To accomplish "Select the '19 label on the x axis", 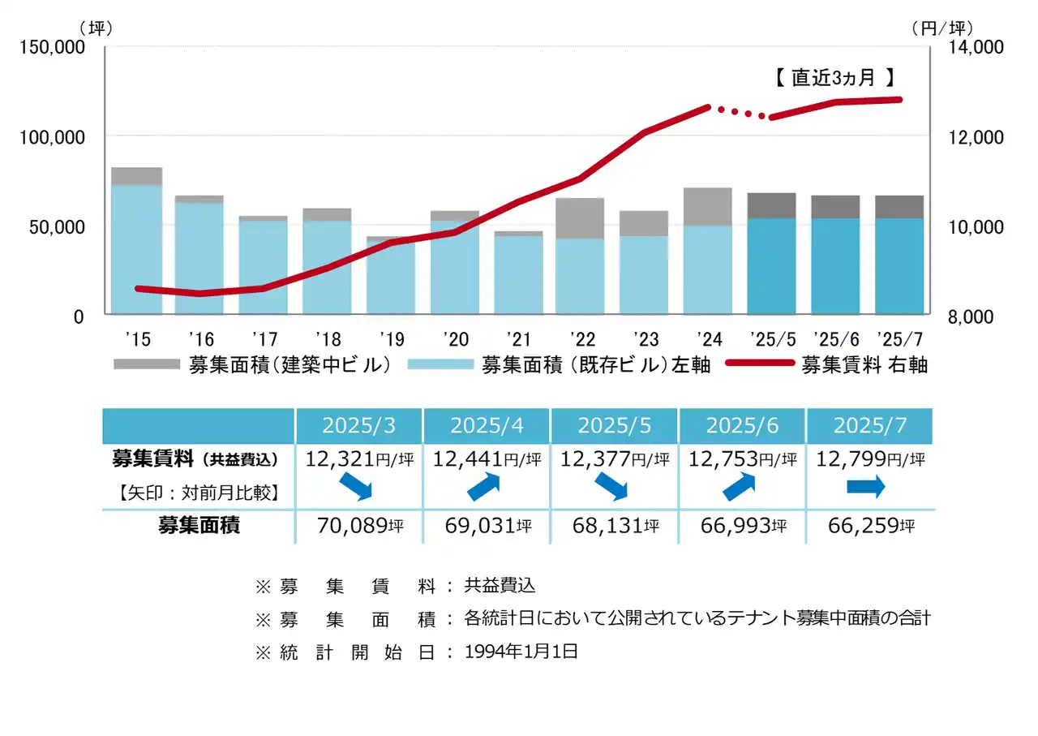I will (x=391, y=338).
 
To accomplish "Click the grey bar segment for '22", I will (x=580, y=218).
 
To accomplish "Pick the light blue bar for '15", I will (x=136, y=249).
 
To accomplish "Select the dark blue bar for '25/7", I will (x=899, y=266).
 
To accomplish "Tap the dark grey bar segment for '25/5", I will (x=771, y=206).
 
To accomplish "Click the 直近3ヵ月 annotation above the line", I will (x=834, y=78).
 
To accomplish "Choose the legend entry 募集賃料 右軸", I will (x=864, y=365).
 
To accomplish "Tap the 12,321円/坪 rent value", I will (x=358, y=459).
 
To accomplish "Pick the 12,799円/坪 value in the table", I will (x=870, y=459).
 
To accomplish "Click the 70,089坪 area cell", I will (x=358, y=526).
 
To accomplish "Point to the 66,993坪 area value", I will (x=742, y=526).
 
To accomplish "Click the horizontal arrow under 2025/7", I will (x=866, y=487).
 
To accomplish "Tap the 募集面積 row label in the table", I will (x=199, y=526).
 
